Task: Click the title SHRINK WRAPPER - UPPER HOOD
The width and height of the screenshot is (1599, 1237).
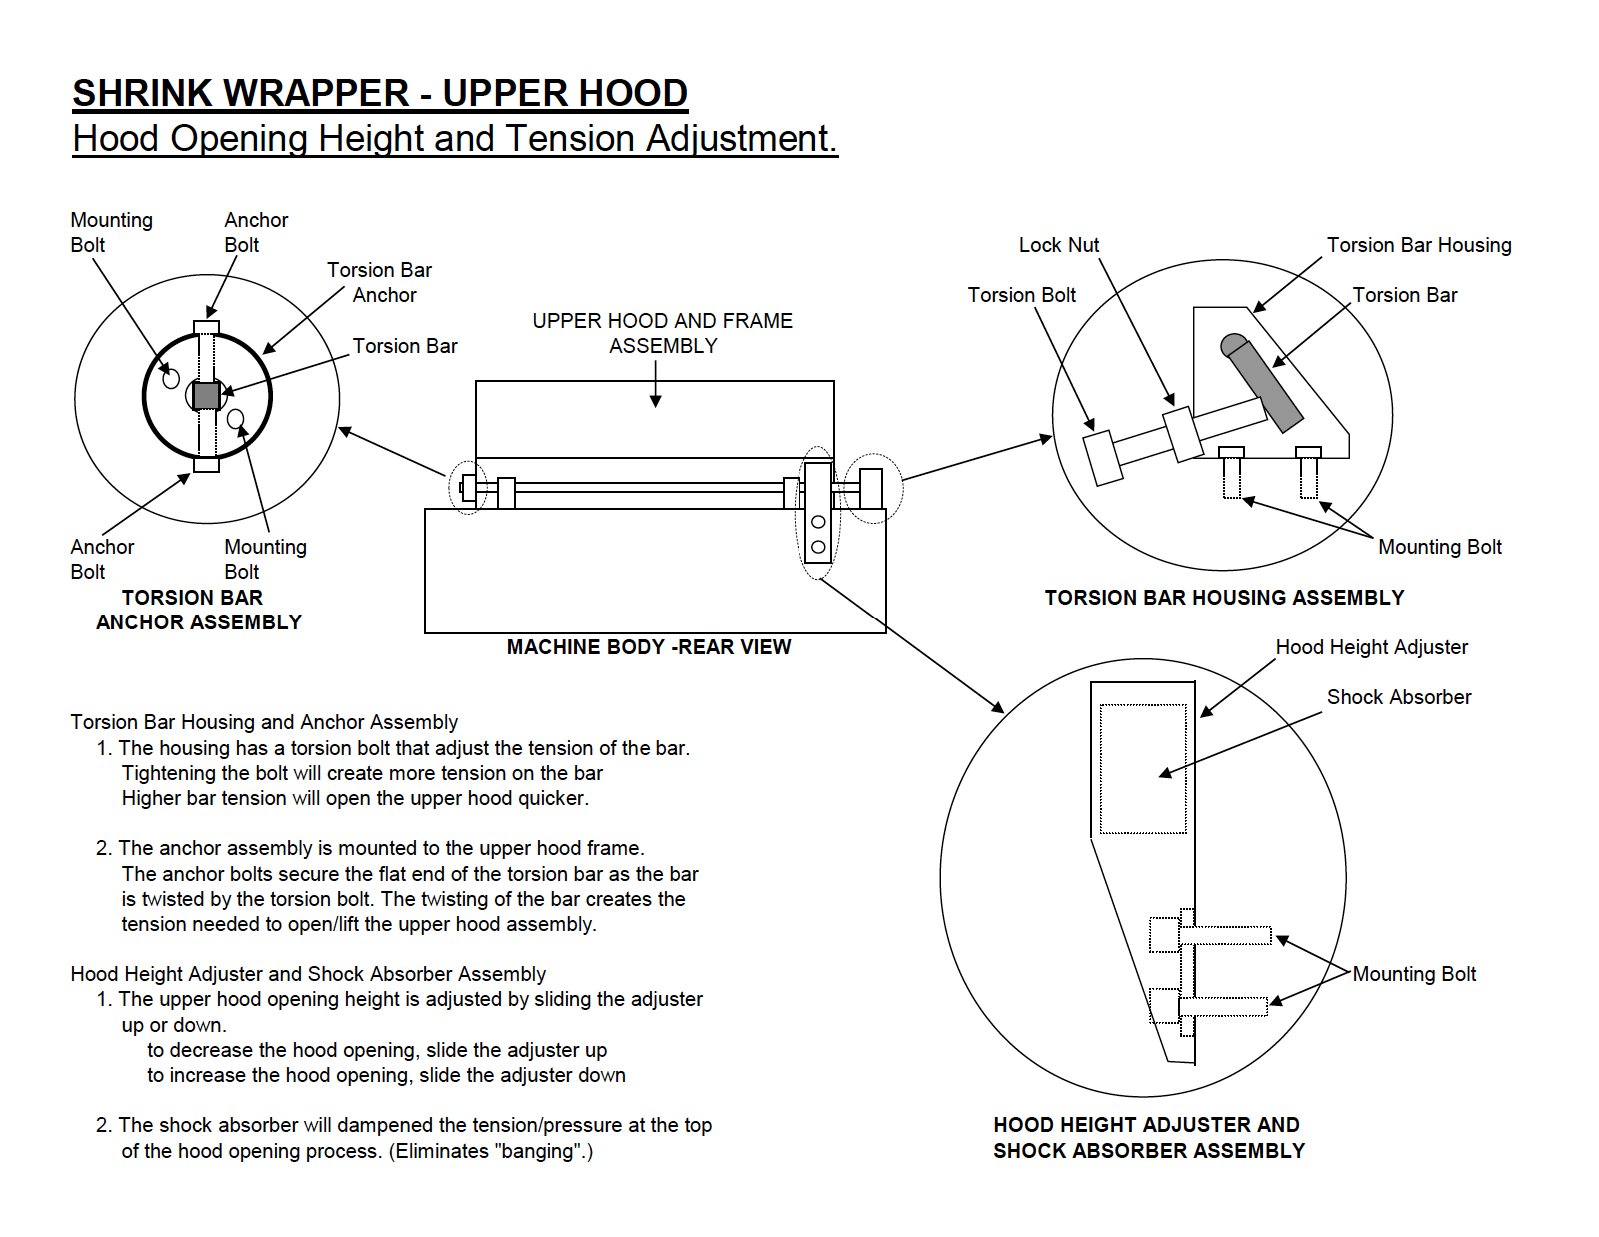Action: [x=380, y=93]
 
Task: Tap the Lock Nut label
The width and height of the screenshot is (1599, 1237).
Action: [x=1059, y=245]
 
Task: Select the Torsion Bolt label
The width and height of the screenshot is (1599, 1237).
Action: [x=1022, y=295]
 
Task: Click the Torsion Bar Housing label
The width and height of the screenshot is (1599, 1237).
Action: [x=1419, y=245]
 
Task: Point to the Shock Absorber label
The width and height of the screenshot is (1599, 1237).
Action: [x=1399, y=697]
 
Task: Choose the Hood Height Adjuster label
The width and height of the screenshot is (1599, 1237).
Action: [x=1371, y=647]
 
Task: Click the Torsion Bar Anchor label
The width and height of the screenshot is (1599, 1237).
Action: [x=380, y=283]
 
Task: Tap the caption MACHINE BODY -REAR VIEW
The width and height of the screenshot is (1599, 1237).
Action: [x=649, y=647]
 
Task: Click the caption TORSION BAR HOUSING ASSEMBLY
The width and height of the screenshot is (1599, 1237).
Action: [x=1224, y=598]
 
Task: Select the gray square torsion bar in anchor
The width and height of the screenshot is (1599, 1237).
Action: [x=206, y=395]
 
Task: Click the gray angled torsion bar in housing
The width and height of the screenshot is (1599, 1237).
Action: [x=1261, y=383]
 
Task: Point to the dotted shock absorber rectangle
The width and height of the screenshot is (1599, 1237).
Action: [x=1142, y=769]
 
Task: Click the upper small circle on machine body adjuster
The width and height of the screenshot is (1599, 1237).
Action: [x=818, y=522]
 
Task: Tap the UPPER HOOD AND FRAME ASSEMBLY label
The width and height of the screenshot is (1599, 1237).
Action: [x=663, y=333]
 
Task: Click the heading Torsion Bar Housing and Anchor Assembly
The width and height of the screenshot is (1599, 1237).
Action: [x=264, y=722]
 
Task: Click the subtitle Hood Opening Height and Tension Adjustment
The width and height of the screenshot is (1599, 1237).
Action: [x=456, y=138]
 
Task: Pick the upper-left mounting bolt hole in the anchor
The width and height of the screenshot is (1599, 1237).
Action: [x=171, y=378]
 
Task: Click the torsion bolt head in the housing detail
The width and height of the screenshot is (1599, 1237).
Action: [x=1103, y=458]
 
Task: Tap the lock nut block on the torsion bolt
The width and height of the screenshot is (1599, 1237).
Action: [x=1183, y=434]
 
